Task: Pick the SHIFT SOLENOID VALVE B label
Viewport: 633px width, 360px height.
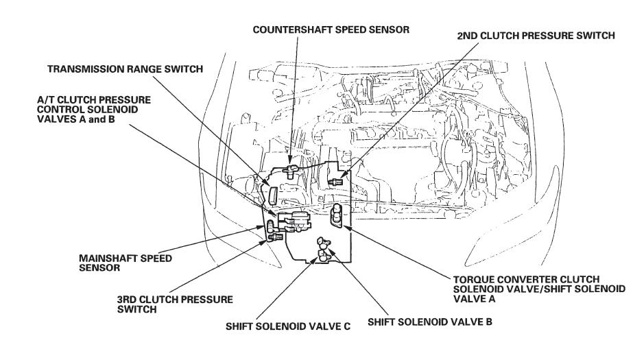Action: click(431, 320)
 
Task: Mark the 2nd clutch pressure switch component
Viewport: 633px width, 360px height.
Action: click(337, 182)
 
